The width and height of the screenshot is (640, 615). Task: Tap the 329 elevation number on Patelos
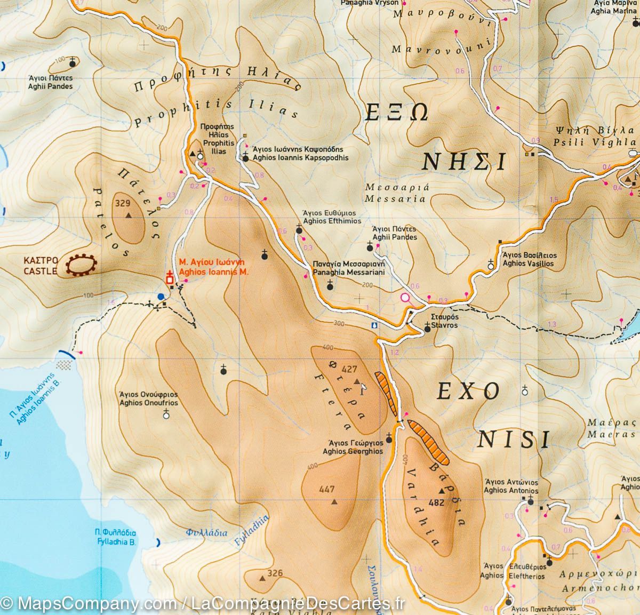123,203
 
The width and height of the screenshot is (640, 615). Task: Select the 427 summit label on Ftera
349,369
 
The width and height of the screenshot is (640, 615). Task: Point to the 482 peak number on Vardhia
436,502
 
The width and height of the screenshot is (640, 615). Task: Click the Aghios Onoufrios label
149,399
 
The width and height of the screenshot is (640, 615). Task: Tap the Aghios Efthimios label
332,217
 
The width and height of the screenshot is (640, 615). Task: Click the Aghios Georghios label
353,447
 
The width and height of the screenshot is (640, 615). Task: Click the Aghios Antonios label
510,486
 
